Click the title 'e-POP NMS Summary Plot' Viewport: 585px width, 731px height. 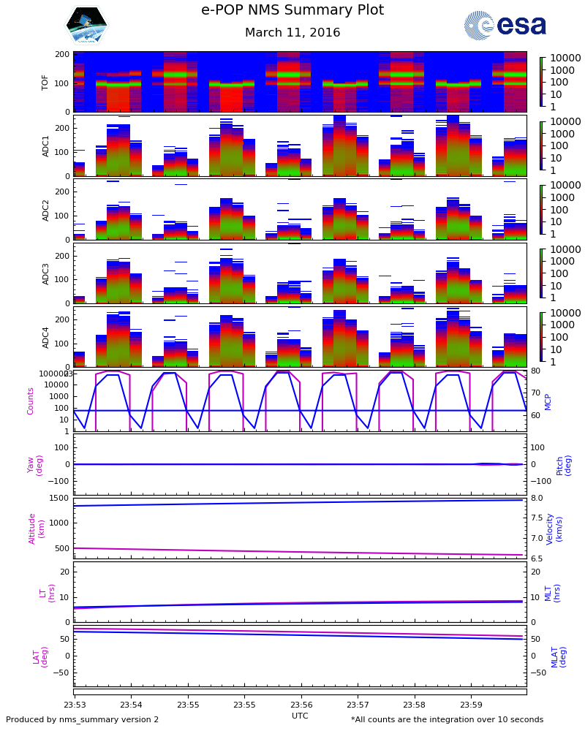pos(292,11)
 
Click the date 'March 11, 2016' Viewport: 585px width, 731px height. pos(292,33)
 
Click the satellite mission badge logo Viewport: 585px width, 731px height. pos(86,25)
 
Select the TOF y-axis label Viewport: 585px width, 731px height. pos(45,82)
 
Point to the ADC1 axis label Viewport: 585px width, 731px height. pos(45,145)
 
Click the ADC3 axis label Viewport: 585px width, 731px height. pos(45,273)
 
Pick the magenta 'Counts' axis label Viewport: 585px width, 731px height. pos(31,401)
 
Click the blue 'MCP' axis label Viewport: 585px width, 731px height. pos(568,401)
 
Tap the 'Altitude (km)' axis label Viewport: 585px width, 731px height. pos(37,528)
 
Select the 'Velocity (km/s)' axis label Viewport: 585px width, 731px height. pos(564,528)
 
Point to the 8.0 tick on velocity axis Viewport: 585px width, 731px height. pos(536,499)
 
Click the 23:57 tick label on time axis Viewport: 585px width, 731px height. pos(358,705)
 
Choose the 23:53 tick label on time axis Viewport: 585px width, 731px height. pos(75,705)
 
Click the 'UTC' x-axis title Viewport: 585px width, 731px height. pos(300,716)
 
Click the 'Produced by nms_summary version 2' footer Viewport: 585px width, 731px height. pos(82,720)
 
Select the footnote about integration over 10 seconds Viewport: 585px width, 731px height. pos(447,720)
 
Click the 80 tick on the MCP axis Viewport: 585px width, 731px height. pos(535,371)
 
